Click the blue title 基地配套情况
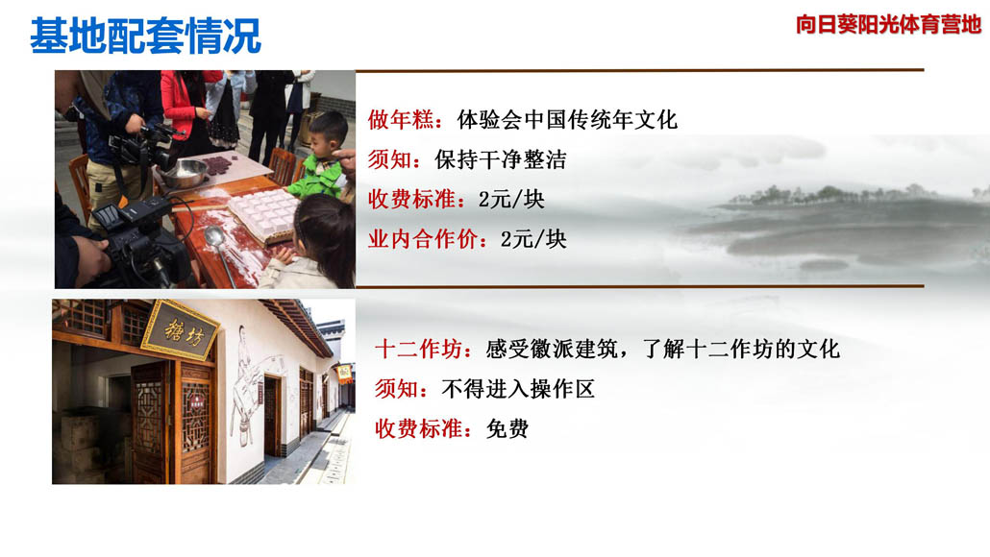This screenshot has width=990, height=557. point(145,36)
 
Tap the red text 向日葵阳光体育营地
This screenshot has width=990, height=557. point(888,25)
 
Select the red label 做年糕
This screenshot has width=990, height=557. point(400,120)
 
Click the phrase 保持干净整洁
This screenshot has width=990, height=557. point(500,159)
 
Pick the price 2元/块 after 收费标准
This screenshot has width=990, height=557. point(511,200)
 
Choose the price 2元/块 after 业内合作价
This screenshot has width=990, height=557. point(533,239)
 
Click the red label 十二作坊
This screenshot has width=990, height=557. point(418,349)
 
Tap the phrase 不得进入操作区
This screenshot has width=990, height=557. point(518,389)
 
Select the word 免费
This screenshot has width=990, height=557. point(507,429)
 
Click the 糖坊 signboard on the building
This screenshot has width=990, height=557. point(182,329)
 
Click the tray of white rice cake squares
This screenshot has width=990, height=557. point(263,213)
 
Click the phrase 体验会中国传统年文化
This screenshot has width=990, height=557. point(567,120)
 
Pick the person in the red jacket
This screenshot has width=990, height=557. point(183,110)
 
